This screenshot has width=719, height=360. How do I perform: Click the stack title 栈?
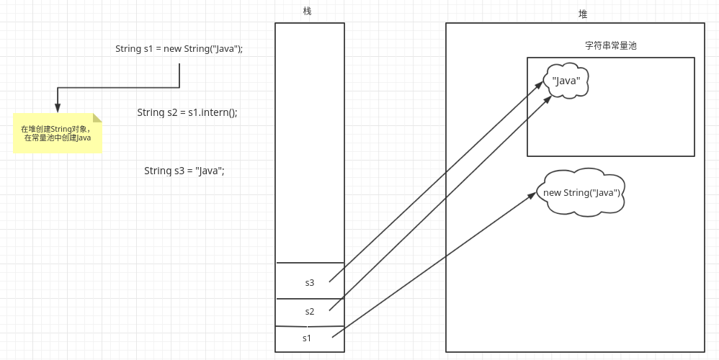coord(308,12)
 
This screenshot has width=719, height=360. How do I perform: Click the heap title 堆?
coord(583,14)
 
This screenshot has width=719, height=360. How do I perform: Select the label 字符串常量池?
coord(610,45)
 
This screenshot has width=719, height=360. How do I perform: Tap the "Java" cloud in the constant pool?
coord(566,81)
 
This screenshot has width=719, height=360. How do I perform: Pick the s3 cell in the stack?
coord(310,282)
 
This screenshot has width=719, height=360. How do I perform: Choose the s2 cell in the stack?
coord(310,312)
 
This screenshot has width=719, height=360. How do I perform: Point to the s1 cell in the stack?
coord(308,338)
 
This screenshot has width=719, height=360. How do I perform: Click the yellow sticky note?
coord(57,133)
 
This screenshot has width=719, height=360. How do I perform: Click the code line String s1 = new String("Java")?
coord(179,49)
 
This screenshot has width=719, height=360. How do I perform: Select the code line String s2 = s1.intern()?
coord(187,112)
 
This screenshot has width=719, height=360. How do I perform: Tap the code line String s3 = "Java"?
coord(184,171)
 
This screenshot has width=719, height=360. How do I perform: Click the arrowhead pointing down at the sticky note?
coord(58,107)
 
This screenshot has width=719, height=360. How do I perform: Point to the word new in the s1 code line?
coord(173,49)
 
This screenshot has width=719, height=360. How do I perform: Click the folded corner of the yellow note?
coord(97,117)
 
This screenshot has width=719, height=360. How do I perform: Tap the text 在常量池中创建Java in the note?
coord(57,138)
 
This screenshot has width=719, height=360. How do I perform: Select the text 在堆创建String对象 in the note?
coord(55,129)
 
